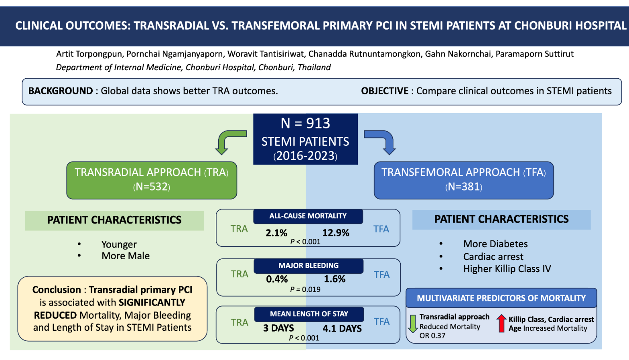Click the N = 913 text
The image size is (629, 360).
(x=305, y=123)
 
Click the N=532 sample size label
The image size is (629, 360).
(x=152, y=187)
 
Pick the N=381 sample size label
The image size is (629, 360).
(x=464, y=187)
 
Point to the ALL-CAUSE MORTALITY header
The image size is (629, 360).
(x=308, y=216)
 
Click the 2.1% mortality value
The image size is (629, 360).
(x=276, y=233)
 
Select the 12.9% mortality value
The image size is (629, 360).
(x=336, y=233)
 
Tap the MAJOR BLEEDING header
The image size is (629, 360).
(x=308, y=266)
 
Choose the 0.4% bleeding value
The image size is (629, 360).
(x=277, y=279)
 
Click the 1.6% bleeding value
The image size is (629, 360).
(x=335, y=279)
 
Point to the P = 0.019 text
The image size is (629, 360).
(x=305, y=289)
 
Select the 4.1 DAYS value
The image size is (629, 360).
(x=342, y=328)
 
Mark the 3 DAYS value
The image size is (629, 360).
(x=278, y=328)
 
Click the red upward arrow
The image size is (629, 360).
(x=501, y=323)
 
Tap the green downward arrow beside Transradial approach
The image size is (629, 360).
(x=413, y=323)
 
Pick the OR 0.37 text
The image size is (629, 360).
(x=432, y=336)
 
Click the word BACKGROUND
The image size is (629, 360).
(x=61, y=91)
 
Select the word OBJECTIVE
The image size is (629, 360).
(x=385, y=91)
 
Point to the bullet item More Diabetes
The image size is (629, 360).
(x=495, y=244)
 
